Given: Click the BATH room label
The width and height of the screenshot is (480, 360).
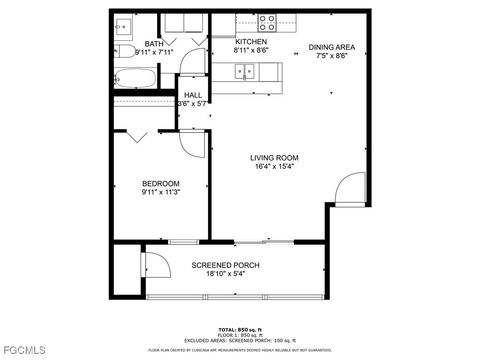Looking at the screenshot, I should click(154, 44).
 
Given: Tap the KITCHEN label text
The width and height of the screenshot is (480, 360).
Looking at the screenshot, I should click(250, 42).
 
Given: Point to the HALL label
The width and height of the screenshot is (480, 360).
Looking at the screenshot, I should click(193, 95).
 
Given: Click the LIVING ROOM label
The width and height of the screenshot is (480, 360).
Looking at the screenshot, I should click(275, 158).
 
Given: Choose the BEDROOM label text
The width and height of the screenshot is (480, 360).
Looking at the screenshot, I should click(161, 183).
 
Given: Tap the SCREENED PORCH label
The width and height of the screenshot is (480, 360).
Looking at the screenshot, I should click(226, 264).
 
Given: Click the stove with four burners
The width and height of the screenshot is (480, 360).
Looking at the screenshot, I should click(268, 21).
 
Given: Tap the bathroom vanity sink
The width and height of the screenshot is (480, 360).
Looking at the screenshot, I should click(125, 25).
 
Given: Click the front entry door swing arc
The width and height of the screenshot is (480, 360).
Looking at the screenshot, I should click(350, 188).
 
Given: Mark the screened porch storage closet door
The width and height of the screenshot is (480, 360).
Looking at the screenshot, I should click(155, 264).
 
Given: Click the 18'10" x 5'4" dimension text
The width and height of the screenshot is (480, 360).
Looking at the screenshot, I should click(226, 273).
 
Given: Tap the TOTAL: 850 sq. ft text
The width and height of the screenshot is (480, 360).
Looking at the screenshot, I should click(240, 329).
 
